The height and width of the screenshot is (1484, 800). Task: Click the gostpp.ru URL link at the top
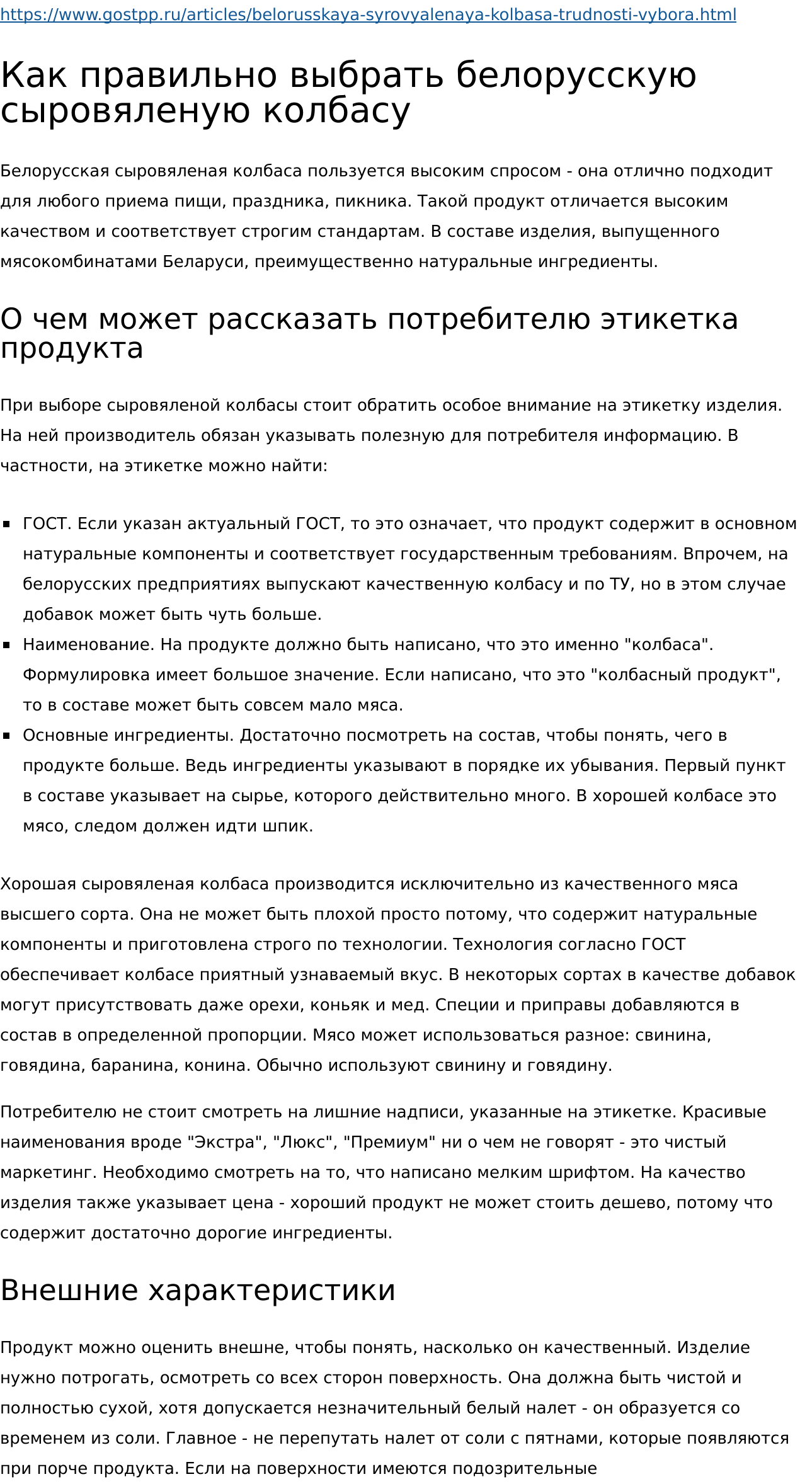point(368,14)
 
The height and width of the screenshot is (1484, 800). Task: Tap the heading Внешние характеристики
point(198,1289)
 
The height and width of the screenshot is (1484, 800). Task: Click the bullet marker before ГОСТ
point(7,524)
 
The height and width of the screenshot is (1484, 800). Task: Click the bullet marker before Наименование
point(7,645)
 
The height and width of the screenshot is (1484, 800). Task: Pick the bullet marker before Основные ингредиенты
point(7,736)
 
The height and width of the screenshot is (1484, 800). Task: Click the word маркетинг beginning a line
point(49,1172)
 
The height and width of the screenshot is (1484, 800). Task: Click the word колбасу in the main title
point(336,111)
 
